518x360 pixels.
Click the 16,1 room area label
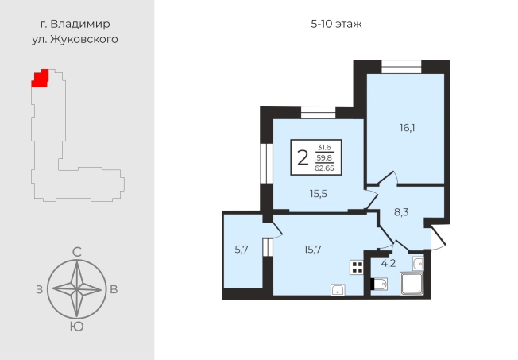(407, 128)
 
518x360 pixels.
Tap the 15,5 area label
(318, 194)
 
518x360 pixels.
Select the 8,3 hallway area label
(401, 212)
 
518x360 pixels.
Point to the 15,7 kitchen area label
(312, 250)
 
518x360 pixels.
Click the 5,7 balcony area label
(242, 250)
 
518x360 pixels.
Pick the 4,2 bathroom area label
(388, 264)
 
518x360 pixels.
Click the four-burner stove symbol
(357, 268)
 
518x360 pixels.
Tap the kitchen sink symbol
(338, 289)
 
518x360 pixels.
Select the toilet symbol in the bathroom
(379, 284)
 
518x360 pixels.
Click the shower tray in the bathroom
(412, 283)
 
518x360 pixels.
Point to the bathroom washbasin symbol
(418, 264)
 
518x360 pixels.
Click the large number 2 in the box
(303, 157)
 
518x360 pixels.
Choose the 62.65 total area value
(324, 168)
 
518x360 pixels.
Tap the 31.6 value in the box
(324, 148)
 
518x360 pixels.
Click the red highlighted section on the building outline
(41, 79)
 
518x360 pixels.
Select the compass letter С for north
(76, 253)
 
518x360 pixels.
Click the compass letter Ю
(76, 327)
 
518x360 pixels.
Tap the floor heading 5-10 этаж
(336, 24)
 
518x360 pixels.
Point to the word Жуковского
(84, 39)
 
